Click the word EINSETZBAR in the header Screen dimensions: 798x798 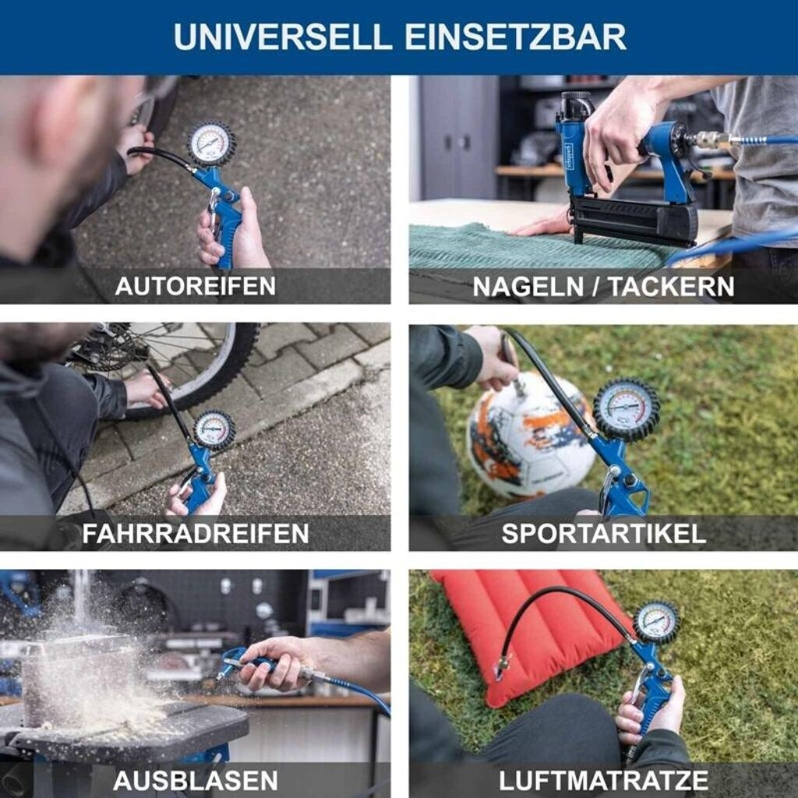tap(515, 37)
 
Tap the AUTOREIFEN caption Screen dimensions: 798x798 tap(196, 286)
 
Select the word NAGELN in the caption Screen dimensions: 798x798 tap(528, 287)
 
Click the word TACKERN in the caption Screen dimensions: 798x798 tap(672, 287)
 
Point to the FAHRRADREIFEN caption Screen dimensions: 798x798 tap(196, 533)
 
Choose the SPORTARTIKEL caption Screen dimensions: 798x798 tap(604, 533)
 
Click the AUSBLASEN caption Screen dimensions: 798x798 tap(196, 780)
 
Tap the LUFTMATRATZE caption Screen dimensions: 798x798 tap(604, 780)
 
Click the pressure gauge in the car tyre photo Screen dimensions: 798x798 tap(212, 144)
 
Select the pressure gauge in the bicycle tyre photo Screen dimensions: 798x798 tap(214, 429)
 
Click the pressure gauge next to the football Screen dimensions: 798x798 tap(626, 408)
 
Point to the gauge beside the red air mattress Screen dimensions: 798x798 tap(656, 623)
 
